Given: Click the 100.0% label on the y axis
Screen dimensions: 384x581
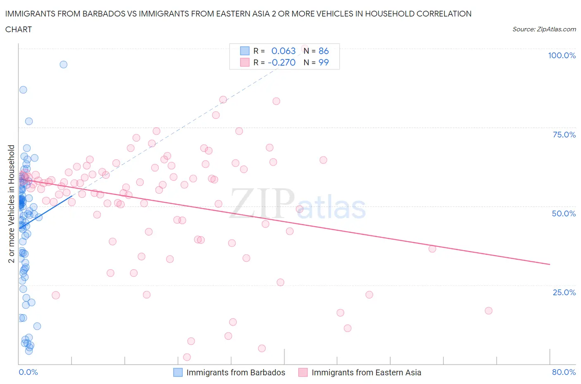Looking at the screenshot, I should pyautogui.click(x=562, y=56).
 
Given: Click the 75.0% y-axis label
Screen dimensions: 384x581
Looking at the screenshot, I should pyautogui.click(x=564, y=135).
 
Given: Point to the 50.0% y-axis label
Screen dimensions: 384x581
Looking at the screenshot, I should pyautogui.click(x=564, y=213).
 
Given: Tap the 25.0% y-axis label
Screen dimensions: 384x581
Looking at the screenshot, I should pyautogui.click(x=564, y=292).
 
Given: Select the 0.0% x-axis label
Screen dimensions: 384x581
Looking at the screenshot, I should pyautogui.click(x=28, y=372).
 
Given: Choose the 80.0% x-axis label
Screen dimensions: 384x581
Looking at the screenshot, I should pyautogui.click(x=564, y=372).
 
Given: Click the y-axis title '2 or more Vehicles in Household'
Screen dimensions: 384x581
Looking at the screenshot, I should pyautogui.click(x=12, y=204).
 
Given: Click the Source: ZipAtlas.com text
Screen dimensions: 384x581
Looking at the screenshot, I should pyautogui.click(x=544, y=29).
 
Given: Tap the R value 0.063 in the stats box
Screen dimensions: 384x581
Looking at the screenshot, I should pyautogui.click(x=283, y=51).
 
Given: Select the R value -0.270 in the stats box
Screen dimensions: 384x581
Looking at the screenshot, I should pyautogui.click(x=281, y=62).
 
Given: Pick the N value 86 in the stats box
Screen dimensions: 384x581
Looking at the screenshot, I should pyautogui.click(x=324, y=51).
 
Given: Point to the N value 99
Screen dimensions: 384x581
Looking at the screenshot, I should pyautogui.click(x=324, y=62).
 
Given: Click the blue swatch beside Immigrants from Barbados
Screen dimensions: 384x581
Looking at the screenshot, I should pyautogui.click(x=178, y=372).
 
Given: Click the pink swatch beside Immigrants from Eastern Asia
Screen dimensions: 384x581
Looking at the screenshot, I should pyautogui.click(x=303, y=372).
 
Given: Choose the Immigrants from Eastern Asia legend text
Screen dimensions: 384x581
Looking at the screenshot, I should pyautogui.click(x=366, y=372).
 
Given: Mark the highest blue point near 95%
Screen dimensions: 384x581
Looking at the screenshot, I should pyautogui.click(x=63, y=64).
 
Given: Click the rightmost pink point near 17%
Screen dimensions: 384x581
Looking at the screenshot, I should pyautogui.click(x=488, y=311).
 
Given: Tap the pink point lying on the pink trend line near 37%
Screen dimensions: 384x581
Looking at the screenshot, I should pyautogui.click(x=432, y=249).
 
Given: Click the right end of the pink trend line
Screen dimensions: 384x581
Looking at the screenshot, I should pyautogui.click(x=550, y=264).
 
